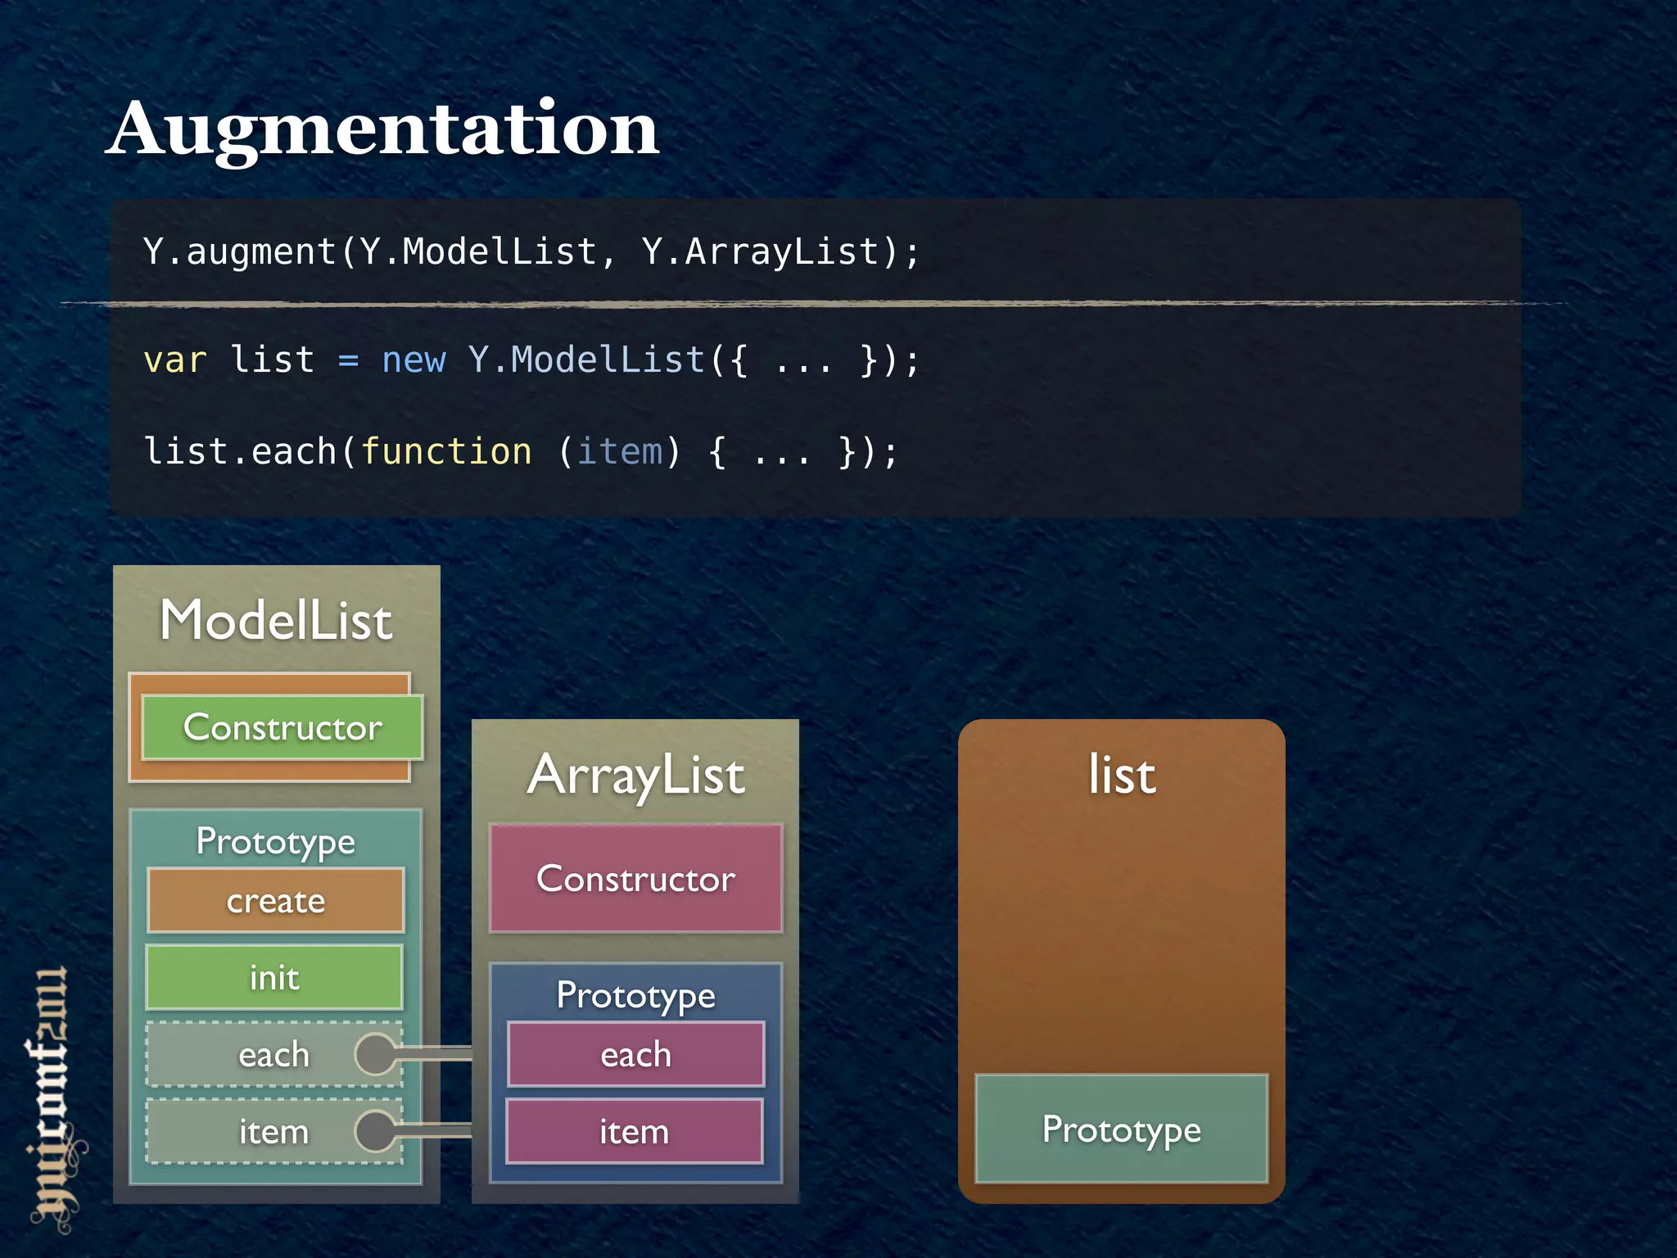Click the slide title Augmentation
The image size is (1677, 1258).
(382, 129)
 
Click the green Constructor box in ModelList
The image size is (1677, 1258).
(283, 727)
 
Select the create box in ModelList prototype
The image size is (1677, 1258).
(276, 901)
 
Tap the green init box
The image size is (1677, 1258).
(274, 977)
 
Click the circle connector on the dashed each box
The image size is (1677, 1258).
(376, 1054)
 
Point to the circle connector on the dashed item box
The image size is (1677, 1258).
(376, 1131)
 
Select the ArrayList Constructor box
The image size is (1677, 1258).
(635, 878)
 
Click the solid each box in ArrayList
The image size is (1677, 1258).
(635, 1055)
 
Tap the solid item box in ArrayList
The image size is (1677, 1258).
(635, 1132)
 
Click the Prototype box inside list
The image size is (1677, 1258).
(1121, 1129)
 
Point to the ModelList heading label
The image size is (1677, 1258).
(276, 620)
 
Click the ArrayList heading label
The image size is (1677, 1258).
(636, 775)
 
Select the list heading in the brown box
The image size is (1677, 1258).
(1122, 775)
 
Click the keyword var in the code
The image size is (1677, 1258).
(174, 360)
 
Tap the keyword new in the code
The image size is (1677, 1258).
(414, 360)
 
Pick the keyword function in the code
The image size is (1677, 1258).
(446, 451)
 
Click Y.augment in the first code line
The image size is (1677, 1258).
(239, 251)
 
